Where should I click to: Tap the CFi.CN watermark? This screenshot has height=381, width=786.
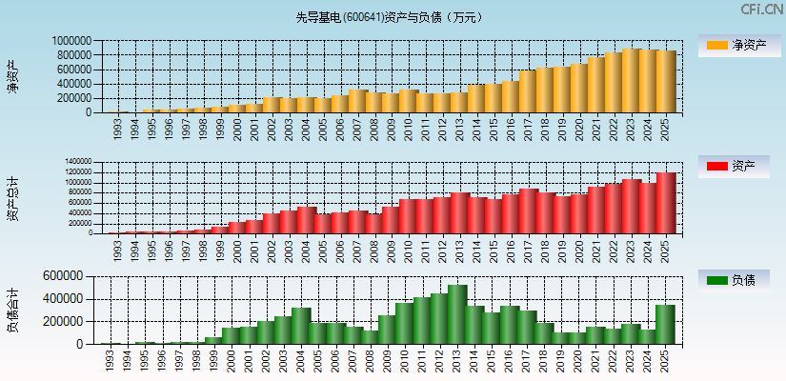pos(761,9)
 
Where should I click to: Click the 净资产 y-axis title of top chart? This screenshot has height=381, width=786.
pos(12,76)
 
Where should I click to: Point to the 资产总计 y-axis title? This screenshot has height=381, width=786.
pos(12,197)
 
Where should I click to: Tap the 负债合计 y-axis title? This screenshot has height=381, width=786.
pos(12,310)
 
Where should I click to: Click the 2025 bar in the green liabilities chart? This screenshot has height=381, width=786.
pos(665,325)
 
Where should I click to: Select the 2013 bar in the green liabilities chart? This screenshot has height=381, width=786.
pos(457,314)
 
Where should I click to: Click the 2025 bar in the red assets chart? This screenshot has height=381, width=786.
pos(665,203)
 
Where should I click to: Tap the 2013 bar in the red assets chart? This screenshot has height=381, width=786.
pos(457,212)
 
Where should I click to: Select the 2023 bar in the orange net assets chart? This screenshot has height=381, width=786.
pos(631,81)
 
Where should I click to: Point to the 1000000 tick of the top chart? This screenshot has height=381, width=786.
pos(72,41)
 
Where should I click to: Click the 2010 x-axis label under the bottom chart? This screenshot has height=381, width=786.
pos(406,359)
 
